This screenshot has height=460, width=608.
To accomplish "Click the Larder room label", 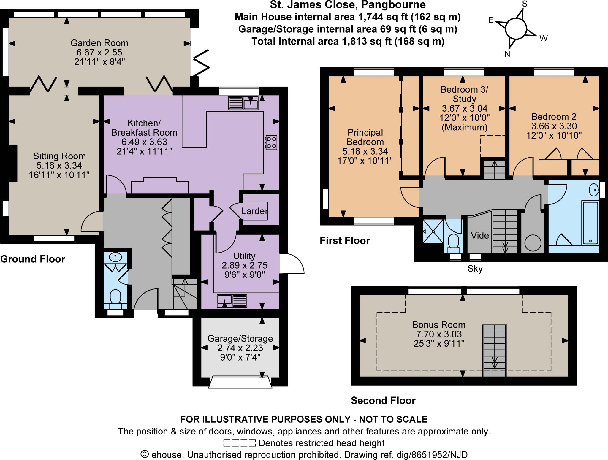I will [254, 211].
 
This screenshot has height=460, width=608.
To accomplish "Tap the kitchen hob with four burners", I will [271, 142].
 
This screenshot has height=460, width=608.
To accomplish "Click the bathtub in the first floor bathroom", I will [590, 223].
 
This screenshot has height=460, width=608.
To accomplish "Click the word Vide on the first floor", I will [480, 235].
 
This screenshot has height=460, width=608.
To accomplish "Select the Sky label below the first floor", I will [475, 269].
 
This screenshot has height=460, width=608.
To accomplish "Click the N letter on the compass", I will [507, 54].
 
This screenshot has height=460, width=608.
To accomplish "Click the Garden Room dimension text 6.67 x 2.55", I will [99, 53].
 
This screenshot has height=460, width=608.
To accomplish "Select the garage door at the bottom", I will [240, 382].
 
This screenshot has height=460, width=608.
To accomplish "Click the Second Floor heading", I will [383, 401].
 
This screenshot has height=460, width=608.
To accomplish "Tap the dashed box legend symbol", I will [239, 443].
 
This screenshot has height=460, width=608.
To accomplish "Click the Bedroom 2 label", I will [554, 116].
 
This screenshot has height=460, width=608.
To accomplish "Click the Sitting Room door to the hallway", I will [91, 222].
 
